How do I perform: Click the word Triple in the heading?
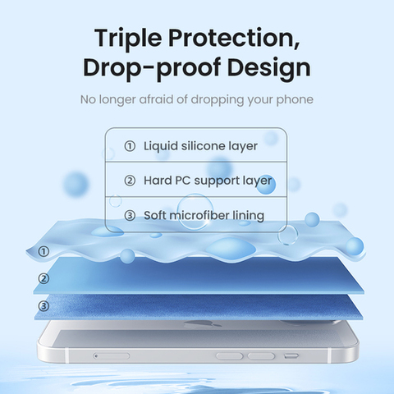pos(128,39)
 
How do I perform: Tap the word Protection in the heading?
pos(234,39)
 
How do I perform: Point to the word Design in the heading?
pos(269,68)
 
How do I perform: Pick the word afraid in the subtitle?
pos(156,99)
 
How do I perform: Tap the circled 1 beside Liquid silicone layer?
pos(130,146)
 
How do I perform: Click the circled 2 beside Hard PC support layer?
pos(130,181)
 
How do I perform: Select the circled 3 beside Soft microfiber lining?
pos(130,216)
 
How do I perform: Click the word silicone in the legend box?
pos(203,146)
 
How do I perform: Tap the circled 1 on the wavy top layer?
pos(44,251)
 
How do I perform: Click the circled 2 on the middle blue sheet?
pos(44,279)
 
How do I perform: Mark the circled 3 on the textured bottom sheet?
pos(44,306)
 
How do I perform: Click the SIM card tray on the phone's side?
pos(112,356)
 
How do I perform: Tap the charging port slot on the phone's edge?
pos(291,356)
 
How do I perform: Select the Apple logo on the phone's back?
pos(203,324)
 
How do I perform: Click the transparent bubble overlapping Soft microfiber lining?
pos(195,212)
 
